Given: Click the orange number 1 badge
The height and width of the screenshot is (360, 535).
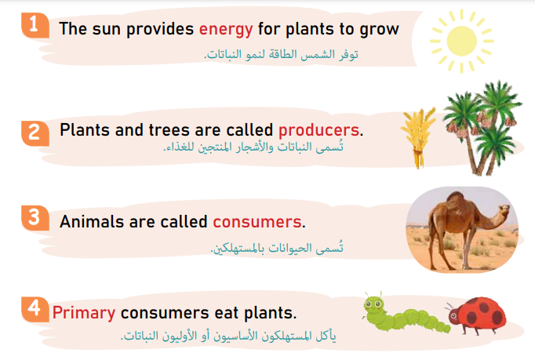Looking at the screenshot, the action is [35, 25].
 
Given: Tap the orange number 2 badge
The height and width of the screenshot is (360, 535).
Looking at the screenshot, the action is [35, 133].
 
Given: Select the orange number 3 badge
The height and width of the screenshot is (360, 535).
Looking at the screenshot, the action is [35, 218].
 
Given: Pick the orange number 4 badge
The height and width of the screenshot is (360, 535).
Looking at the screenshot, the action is [35, 309].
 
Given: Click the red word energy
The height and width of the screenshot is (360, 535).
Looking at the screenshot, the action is [226, 30].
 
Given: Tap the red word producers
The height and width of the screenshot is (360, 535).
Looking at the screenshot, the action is [318, 131].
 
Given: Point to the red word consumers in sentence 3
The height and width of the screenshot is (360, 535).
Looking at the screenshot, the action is [257, 222].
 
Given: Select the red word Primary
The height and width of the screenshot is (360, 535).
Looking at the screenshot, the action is [84, 314].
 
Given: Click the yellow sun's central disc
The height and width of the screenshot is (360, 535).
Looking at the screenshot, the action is [461, 41].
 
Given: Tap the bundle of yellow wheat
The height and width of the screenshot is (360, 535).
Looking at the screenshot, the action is [419, 136].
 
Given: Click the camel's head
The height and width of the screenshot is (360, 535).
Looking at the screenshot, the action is [503, 210].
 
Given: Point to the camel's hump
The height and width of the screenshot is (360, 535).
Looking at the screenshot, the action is [456, 198].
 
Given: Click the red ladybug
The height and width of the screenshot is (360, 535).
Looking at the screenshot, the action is [477, 315].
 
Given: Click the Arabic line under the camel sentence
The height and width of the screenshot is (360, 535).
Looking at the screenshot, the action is [277, 248].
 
